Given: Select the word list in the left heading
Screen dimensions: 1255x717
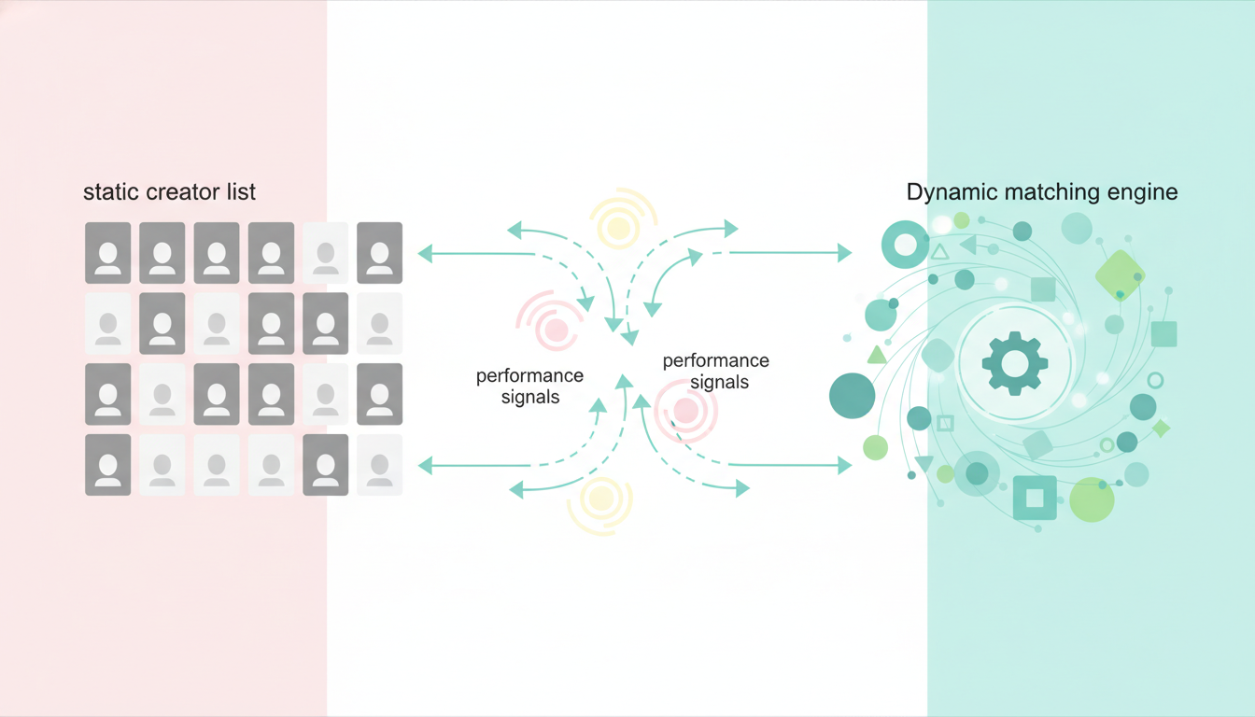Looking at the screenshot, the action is pos(241,191).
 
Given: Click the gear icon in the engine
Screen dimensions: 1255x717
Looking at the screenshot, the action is pos(1015,363).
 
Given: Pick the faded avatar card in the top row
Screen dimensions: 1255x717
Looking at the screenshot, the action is pos(326,253).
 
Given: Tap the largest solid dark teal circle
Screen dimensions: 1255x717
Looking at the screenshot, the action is pos(852,396).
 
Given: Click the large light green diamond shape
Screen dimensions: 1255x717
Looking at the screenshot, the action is pos(1120,275).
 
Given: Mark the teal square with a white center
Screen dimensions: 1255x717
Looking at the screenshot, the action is pos(1035,498).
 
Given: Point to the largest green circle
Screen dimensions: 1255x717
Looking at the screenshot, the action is pos(1092,499).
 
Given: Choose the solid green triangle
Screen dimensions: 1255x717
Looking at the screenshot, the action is pos(877,356).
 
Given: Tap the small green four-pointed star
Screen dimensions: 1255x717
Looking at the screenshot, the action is pos(1161,429).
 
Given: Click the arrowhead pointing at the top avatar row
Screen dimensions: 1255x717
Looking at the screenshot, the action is pos(425,253).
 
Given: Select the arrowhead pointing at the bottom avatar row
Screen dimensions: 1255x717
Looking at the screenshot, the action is pos(425,465).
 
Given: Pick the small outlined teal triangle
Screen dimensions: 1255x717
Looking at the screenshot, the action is pos(939,251).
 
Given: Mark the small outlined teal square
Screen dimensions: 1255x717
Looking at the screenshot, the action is pos(945,423).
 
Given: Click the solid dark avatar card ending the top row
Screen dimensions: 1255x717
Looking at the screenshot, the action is pos(379,253).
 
